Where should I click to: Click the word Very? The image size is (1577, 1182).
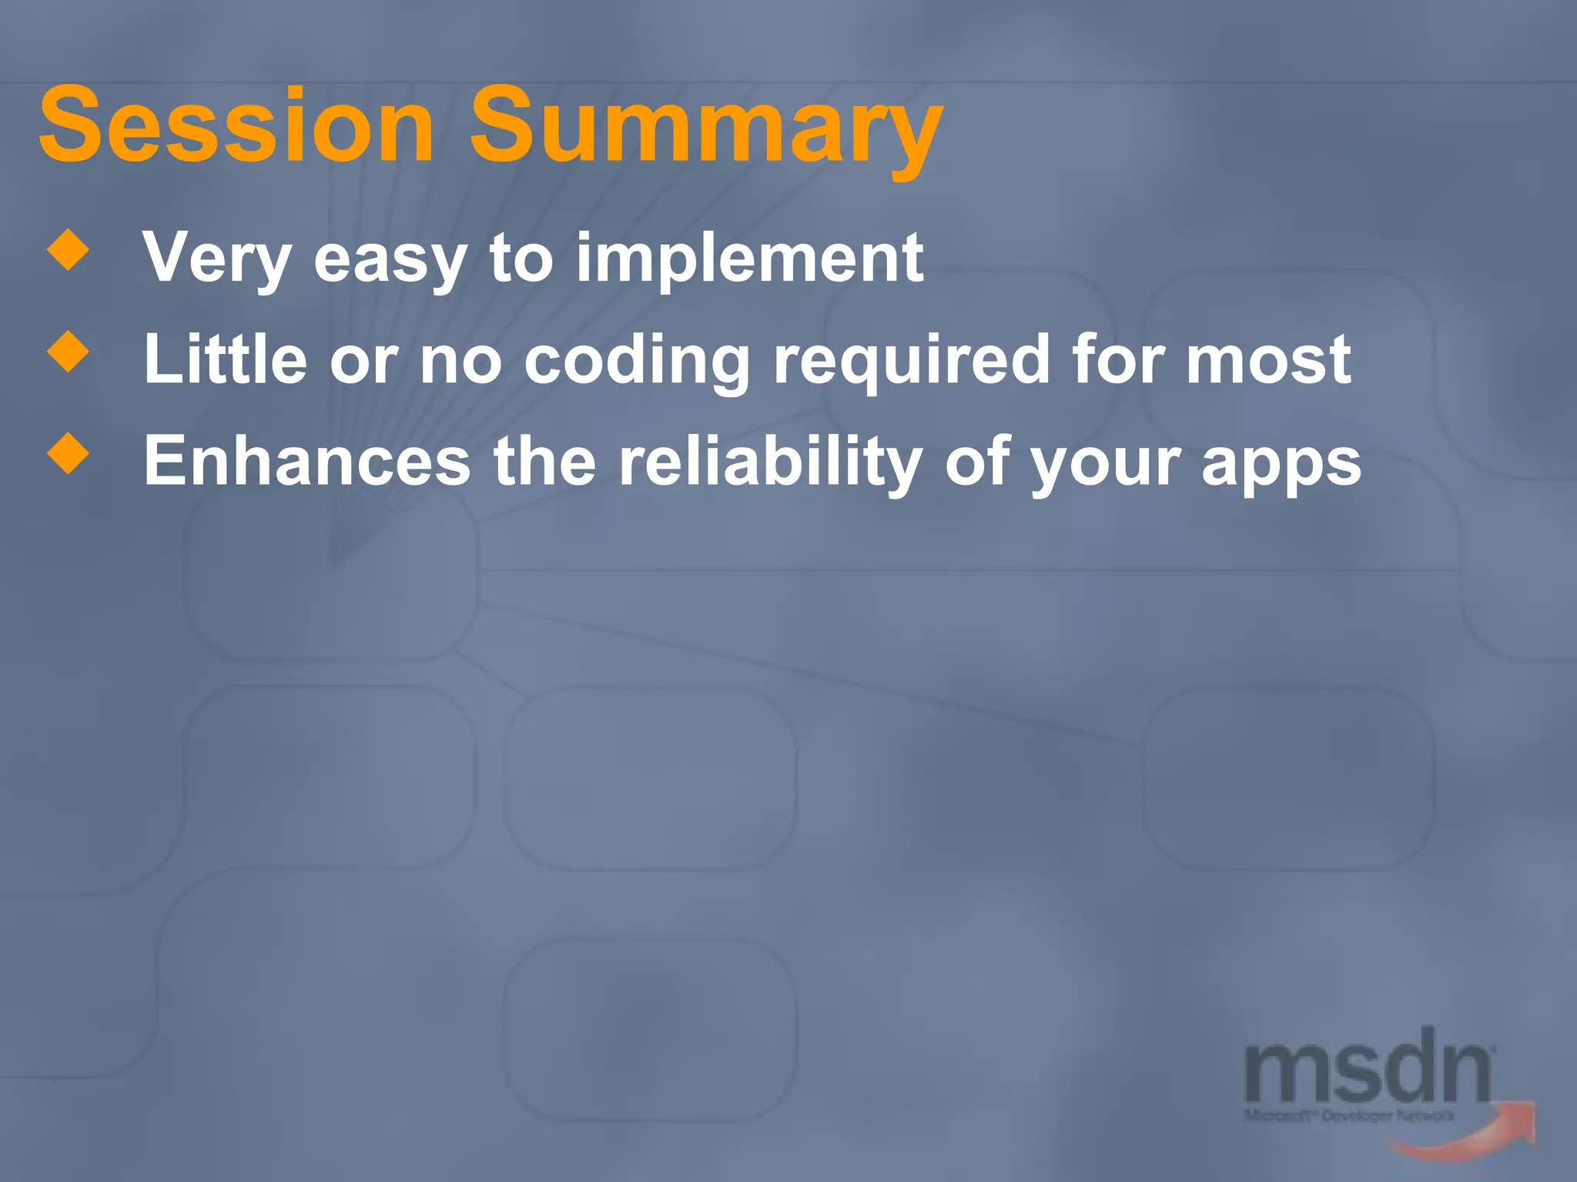tap(216, 259)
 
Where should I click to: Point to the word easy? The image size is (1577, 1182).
tap(390, 262)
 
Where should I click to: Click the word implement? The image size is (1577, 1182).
tap(749, 260)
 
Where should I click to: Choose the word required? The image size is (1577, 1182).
tap(911, 362)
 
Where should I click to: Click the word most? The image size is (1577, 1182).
tap(1267, 360)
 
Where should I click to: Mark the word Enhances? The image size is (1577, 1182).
tap(306, 462)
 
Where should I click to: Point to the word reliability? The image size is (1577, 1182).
tap(770, 463)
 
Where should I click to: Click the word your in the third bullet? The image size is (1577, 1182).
tap(1105, 466)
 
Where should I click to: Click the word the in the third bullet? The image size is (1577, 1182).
tap(544, 462)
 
